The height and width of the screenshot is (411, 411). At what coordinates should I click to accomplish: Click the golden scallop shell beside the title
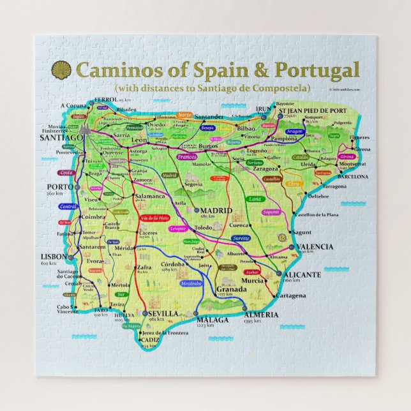(61, 69)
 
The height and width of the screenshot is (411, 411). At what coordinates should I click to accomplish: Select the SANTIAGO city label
(61, 137)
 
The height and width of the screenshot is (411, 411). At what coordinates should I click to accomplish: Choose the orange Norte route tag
(184, 115)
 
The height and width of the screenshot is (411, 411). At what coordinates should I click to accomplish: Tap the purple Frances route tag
(186, 156)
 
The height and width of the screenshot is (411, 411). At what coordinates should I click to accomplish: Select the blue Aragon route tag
(294, 131)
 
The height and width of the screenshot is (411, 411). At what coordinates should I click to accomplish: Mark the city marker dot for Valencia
(292, 246)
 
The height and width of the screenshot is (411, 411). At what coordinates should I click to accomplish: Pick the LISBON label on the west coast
(55, 256)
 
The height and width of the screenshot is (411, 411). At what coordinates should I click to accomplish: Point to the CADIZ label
(152, 340)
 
